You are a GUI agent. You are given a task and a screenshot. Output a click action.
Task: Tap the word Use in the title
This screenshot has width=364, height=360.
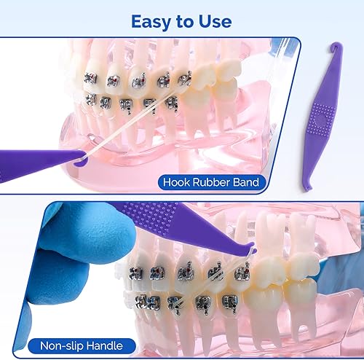pyautogui.click(x=215, y=21)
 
